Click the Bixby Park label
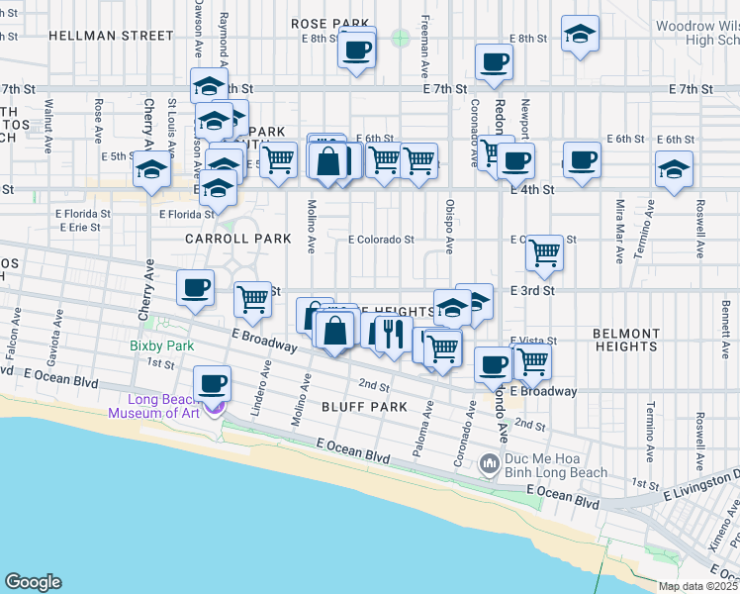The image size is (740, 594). [162, 346]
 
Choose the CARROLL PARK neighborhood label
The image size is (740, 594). [238, 239]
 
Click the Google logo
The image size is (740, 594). [34, 582]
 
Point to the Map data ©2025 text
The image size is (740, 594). [698, 586]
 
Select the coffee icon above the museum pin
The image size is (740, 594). [210, 383]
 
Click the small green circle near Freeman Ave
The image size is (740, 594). [400, 38]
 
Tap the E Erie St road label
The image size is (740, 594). [80, 227]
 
